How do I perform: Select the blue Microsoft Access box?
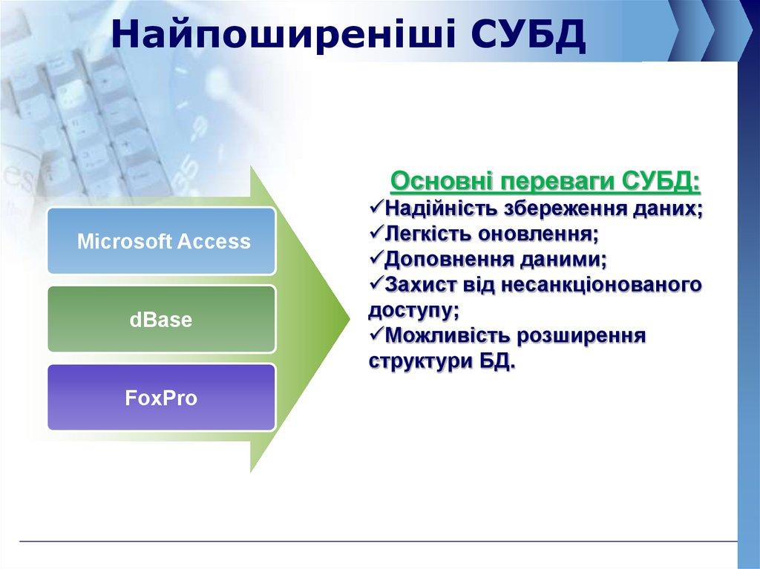point(162,241)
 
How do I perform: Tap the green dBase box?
point(162,319)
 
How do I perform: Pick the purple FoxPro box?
point(162,398)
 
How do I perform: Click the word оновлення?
point(545,234)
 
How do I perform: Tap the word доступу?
point(411,310)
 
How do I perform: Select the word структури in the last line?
point(416,362)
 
